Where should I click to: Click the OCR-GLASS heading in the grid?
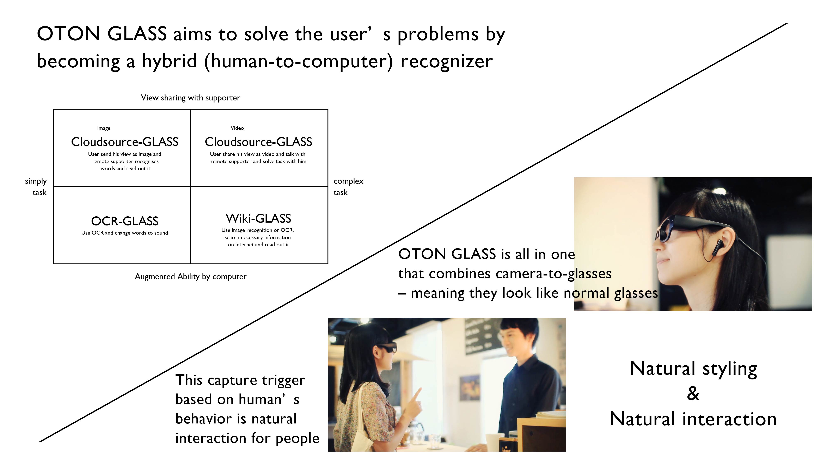(x=124, y=221)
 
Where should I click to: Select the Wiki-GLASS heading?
(x=258, y=218)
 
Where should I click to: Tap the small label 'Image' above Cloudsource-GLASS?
(x=104, y=128)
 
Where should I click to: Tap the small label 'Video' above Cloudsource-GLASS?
(x=237, y=128)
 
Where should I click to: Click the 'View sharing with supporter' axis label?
(x=191, y=98)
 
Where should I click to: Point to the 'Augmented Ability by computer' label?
(x=191, y=277)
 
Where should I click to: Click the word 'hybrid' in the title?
(x=169, y=61)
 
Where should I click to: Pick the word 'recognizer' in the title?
(x=447, y=61)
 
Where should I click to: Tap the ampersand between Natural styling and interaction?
(x=693, y=393)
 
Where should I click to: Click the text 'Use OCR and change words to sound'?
(x=124, y=233)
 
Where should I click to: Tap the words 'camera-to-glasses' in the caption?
(x=553, y=274)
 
